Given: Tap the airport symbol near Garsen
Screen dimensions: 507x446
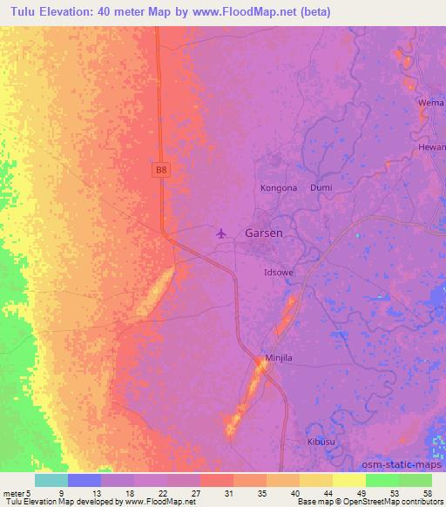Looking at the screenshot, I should [221, 233].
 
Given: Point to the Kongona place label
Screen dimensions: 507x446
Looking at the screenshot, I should [279, 187].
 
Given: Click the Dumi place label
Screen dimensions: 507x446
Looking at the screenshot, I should [321, 187].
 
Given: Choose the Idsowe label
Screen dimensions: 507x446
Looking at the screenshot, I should [279, 273].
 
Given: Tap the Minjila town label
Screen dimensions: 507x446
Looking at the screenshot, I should [279, 358].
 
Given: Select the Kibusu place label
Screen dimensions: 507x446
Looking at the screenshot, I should [321, 443].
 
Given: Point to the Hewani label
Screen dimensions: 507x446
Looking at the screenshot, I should [432, 148].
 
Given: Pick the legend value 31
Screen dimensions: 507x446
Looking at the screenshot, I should [217, 494].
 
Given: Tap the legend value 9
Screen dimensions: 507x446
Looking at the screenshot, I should [84, 494].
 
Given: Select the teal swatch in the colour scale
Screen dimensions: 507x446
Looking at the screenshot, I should [51, 480].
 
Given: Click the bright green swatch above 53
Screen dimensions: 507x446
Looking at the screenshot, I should [382, 480].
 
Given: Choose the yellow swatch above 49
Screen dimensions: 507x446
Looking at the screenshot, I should [349, 480].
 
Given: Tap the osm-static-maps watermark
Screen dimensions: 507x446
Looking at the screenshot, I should [409, 464].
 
